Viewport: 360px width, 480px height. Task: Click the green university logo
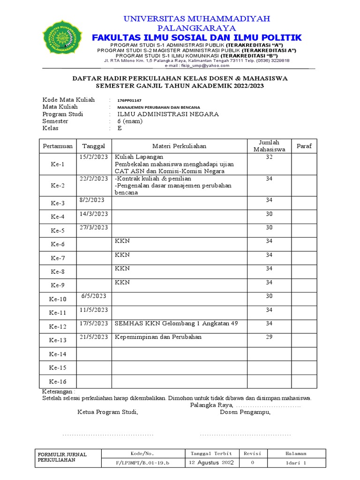[61, 37]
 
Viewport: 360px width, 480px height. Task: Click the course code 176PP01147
[129, 100]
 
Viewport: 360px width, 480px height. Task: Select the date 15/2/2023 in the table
[94, 157]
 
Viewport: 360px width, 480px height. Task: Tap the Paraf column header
[304, 146]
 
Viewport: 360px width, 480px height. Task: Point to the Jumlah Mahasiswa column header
[269, 146]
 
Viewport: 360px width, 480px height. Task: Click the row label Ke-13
[58, 340]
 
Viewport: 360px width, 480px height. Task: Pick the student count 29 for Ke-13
[269, 337]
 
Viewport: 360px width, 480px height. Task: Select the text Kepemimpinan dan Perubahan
[158, 337]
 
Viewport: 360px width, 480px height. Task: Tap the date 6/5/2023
[94, 296]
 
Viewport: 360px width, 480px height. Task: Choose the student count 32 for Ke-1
[269, 157]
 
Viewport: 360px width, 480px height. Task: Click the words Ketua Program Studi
[108, 412]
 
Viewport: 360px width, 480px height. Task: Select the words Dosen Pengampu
[245, 412]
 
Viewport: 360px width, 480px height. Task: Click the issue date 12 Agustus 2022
[211, 463]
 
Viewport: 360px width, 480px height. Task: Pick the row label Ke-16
[58, 382]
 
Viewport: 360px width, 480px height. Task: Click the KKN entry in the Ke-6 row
[122, 241]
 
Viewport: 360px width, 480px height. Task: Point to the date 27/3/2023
[94, 227]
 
